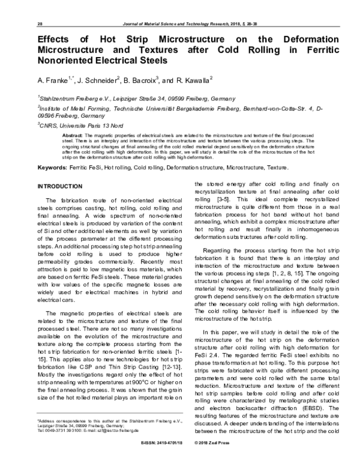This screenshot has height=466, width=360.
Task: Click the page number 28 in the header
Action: click(x=40, y=24)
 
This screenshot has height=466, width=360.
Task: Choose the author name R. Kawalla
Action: click(x=193, y=80)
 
